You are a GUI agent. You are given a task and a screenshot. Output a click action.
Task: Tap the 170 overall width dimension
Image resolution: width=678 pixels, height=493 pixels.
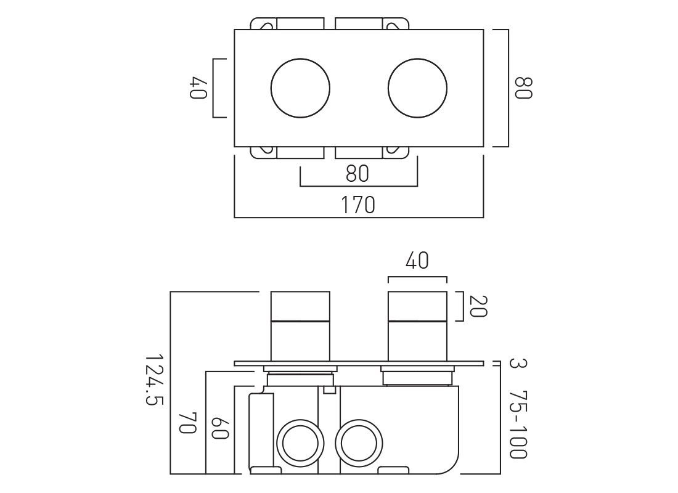pos(359,205)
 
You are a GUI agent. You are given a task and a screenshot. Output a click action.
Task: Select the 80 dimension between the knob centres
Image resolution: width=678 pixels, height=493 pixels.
pos(357,173)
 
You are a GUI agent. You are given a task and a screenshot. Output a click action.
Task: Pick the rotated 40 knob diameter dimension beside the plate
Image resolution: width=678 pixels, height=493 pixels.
pos(199,88)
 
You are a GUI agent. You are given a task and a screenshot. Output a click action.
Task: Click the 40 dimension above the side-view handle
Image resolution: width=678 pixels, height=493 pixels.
pos(417,261)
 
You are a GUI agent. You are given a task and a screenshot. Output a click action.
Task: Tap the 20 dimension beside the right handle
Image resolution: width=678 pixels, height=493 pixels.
pos(478,306)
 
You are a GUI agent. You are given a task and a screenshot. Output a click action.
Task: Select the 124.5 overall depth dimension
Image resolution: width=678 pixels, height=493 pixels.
pos(154,380)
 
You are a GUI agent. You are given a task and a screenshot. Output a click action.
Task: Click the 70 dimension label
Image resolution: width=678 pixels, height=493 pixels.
pos(189,423)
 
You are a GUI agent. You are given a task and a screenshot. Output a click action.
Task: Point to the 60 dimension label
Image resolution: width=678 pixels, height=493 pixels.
pos(219,428)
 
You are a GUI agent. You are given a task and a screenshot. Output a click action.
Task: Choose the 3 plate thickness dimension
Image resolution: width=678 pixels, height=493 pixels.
pos(517,363)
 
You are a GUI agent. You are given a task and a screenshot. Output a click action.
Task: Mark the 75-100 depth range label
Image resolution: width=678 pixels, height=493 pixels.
pos(518,425)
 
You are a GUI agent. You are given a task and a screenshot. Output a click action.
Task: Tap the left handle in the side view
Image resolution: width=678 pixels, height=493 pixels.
pos(300,327)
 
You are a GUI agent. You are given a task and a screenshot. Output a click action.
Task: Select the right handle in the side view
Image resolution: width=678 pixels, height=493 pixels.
pos(417,327)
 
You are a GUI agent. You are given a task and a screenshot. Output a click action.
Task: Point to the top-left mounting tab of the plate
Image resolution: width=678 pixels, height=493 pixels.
pos(263,24)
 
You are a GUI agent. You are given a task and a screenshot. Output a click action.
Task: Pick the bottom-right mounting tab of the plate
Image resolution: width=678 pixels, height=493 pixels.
pos(396,152)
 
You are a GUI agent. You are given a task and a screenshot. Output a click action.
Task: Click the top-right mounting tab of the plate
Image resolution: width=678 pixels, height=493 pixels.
pos(396,24)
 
